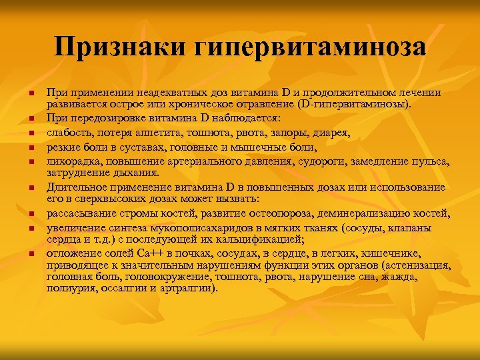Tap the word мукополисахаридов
[x=179, y=227]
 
